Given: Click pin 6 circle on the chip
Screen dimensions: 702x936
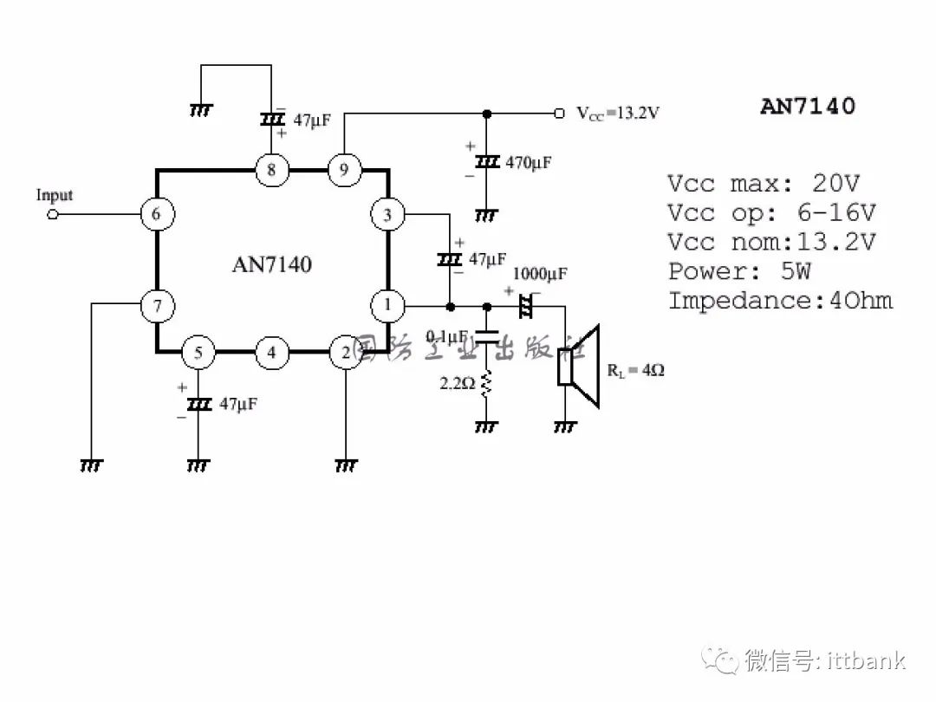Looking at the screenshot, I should (157, 214).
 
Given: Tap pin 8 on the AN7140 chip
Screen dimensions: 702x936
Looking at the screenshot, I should (271, 170).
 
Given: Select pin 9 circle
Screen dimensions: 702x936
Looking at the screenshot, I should (344, 170).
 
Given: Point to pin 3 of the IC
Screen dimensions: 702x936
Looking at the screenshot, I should (387, 214).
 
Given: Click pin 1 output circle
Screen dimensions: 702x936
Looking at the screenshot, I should (387, 305).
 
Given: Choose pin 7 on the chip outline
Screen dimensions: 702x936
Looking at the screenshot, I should (157, 305).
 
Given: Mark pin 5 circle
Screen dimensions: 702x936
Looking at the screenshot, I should (198, 352).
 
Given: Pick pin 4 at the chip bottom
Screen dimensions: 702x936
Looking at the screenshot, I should (271, 352).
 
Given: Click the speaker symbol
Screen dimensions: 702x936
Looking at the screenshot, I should (579, 366).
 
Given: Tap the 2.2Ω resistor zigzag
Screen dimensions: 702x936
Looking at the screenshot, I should (486, 382).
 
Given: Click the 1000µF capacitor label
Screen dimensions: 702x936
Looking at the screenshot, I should (540, 275).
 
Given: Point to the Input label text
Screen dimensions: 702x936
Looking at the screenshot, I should (54, 195).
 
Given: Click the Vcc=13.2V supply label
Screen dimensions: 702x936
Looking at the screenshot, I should (618, 114).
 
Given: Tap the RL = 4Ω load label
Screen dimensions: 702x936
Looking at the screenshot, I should (635, 371).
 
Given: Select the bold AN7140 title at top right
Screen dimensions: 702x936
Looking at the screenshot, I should (807, 106).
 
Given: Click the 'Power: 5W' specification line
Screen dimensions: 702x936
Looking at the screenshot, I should (739, 271).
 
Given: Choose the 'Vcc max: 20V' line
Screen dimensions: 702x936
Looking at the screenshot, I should (763, 184).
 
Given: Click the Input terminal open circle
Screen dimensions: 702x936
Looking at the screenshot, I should (52, 214).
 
